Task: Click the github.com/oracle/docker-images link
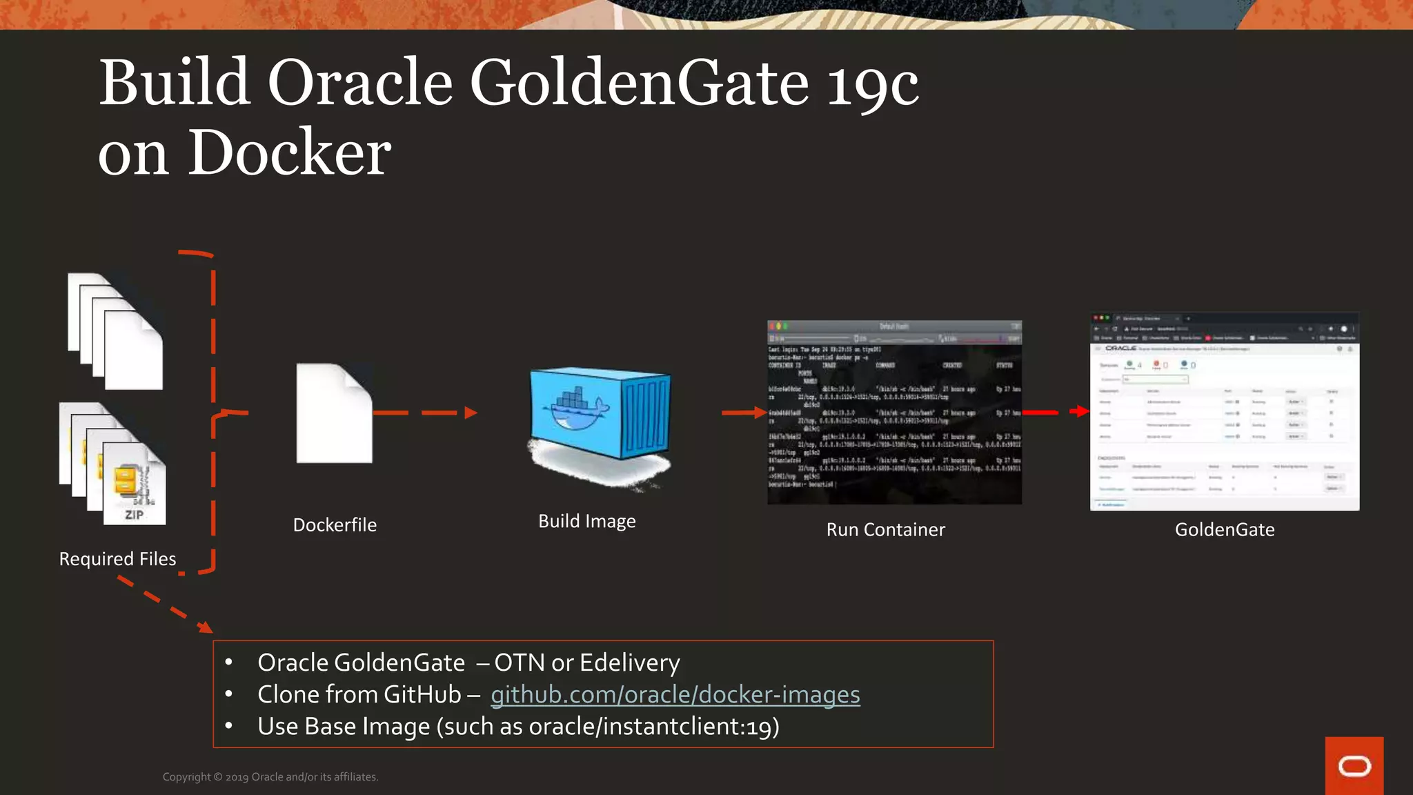click(x=675, y=694)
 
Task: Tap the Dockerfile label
click(x=335, y=525)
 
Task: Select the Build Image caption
click(x=586, y=521)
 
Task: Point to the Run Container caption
click(x=885, y=530)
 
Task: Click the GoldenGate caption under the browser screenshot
click(x=1224, y=530)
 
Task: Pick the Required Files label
click(x=117, y=559)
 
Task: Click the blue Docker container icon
click(x=600, y=414)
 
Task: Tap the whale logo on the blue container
click(x=576, y=411)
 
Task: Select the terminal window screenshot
click(x=894, y=412)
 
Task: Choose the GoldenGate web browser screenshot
click(x=1224, y=411)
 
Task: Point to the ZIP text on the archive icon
click(x=135, y=515)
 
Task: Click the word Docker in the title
click(x=290, y=153)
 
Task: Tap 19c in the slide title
click(x=872, y=84)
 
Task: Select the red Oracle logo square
click(x=1354, y=765)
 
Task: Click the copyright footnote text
click(x=270, y=777)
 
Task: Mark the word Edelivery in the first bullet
click(x=630, y=662)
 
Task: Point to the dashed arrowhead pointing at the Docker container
click(x=471, y=413)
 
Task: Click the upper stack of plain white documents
click(x=115, y=331)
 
